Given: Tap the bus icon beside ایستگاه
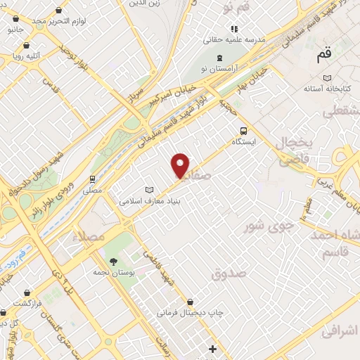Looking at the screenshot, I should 243,130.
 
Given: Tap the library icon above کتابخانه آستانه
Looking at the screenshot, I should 326,78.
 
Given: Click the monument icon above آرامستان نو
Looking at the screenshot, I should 219,58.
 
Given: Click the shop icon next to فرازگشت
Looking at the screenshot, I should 26,292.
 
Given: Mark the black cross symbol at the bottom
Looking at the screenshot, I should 212,349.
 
